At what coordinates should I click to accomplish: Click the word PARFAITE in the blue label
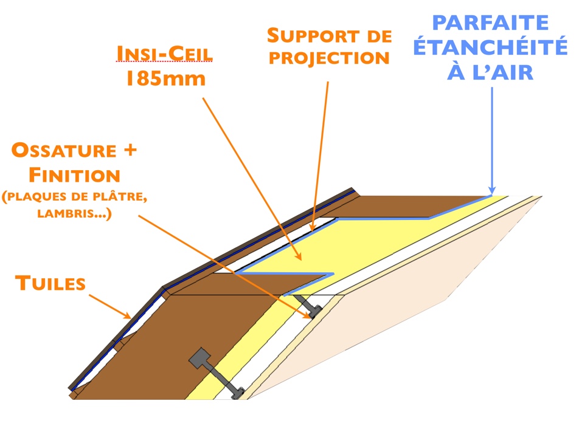tap(490, 24)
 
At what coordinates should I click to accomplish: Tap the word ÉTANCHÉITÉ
tap(490, 48)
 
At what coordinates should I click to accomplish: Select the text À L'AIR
tap(490, 72)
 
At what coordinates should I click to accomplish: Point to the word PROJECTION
tap(328, 58)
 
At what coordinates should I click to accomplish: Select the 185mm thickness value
tap(165, 79)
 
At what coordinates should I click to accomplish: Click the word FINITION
tap(75, 176)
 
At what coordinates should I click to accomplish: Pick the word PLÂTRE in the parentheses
tap(122, 198)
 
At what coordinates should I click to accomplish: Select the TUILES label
tap(50, 283)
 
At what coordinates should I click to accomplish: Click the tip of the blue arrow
tap(492, 193)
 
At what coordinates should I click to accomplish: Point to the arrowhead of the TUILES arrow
tap(130, 317)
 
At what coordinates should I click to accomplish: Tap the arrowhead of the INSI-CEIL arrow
tap(301, 261)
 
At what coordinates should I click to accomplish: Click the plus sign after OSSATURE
tap(128, 151)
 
